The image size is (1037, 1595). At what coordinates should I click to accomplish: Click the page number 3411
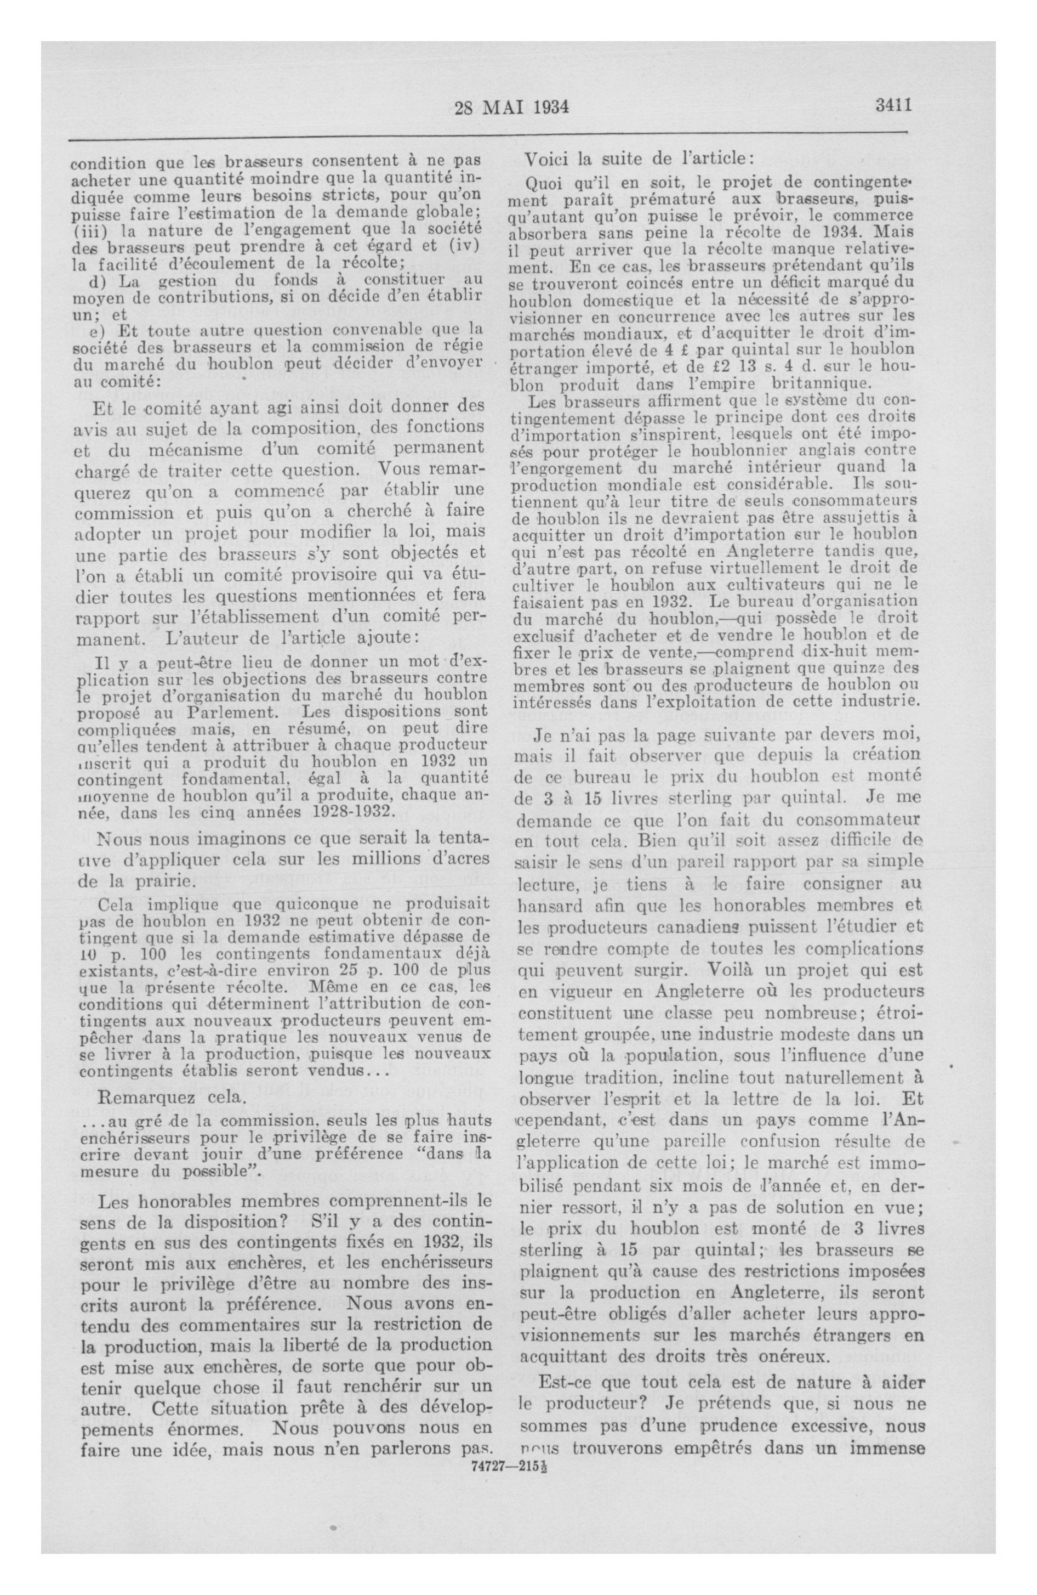(x=893, y=105)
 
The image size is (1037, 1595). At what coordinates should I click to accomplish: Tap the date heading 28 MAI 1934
(x=511, y=107)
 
